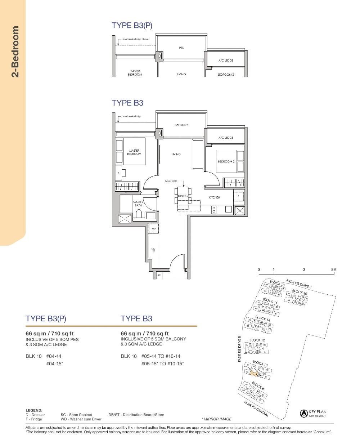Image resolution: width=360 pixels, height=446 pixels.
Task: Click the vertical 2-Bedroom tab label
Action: tap(15, 52)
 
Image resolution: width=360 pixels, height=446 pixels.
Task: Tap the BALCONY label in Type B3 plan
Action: tap(181, 125)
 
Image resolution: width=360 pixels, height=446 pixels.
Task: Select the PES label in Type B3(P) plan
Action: tap(181, 48)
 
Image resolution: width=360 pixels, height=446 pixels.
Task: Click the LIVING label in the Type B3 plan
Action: tap(176, 154)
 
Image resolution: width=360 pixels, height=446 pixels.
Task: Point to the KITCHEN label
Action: tap(215, 197)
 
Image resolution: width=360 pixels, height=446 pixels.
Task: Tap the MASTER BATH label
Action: tap(138, 204)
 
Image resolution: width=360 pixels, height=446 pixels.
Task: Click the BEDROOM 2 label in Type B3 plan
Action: tap(226, 161)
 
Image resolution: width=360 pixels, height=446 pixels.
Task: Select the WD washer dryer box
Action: tap(153, 228)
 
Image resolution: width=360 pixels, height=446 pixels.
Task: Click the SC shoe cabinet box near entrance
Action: tap(159, 275)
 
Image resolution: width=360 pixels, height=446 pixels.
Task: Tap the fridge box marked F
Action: tap(238, 196)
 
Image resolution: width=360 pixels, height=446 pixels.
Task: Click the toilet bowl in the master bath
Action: tap(139, 215)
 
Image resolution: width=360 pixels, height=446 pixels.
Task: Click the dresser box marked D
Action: tap(119, 173)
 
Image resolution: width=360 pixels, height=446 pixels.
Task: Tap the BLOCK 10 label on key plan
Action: tap(260, 364)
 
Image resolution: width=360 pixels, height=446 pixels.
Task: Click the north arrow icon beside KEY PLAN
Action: tap(303, 414)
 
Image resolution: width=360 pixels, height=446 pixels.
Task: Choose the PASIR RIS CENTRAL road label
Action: tap(256, 409)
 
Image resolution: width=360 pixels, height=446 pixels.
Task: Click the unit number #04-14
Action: tap(54, 356)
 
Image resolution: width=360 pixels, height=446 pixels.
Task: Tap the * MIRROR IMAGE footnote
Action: tap(216, 419)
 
